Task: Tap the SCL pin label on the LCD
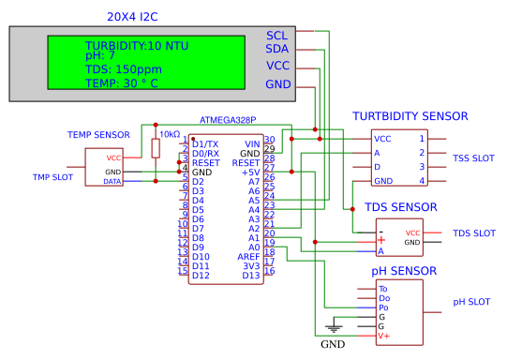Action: (277, 34)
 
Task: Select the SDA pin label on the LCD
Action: (277, 49)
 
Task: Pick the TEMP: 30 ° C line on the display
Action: (122, 82)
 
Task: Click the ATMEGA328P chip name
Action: (228, 121)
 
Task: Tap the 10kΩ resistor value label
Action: (170, 134)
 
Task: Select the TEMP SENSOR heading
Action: (98, 135)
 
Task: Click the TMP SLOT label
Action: (53, 177)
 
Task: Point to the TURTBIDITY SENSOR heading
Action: (410, 116)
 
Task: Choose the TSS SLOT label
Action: (473, 157)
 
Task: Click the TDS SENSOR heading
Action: (401, 207)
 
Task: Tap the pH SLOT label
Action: (472, 302)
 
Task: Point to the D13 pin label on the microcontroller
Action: (251, 275)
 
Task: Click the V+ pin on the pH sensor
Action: (383, 336)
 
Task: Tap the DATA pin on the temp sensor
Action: (112, 181)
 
